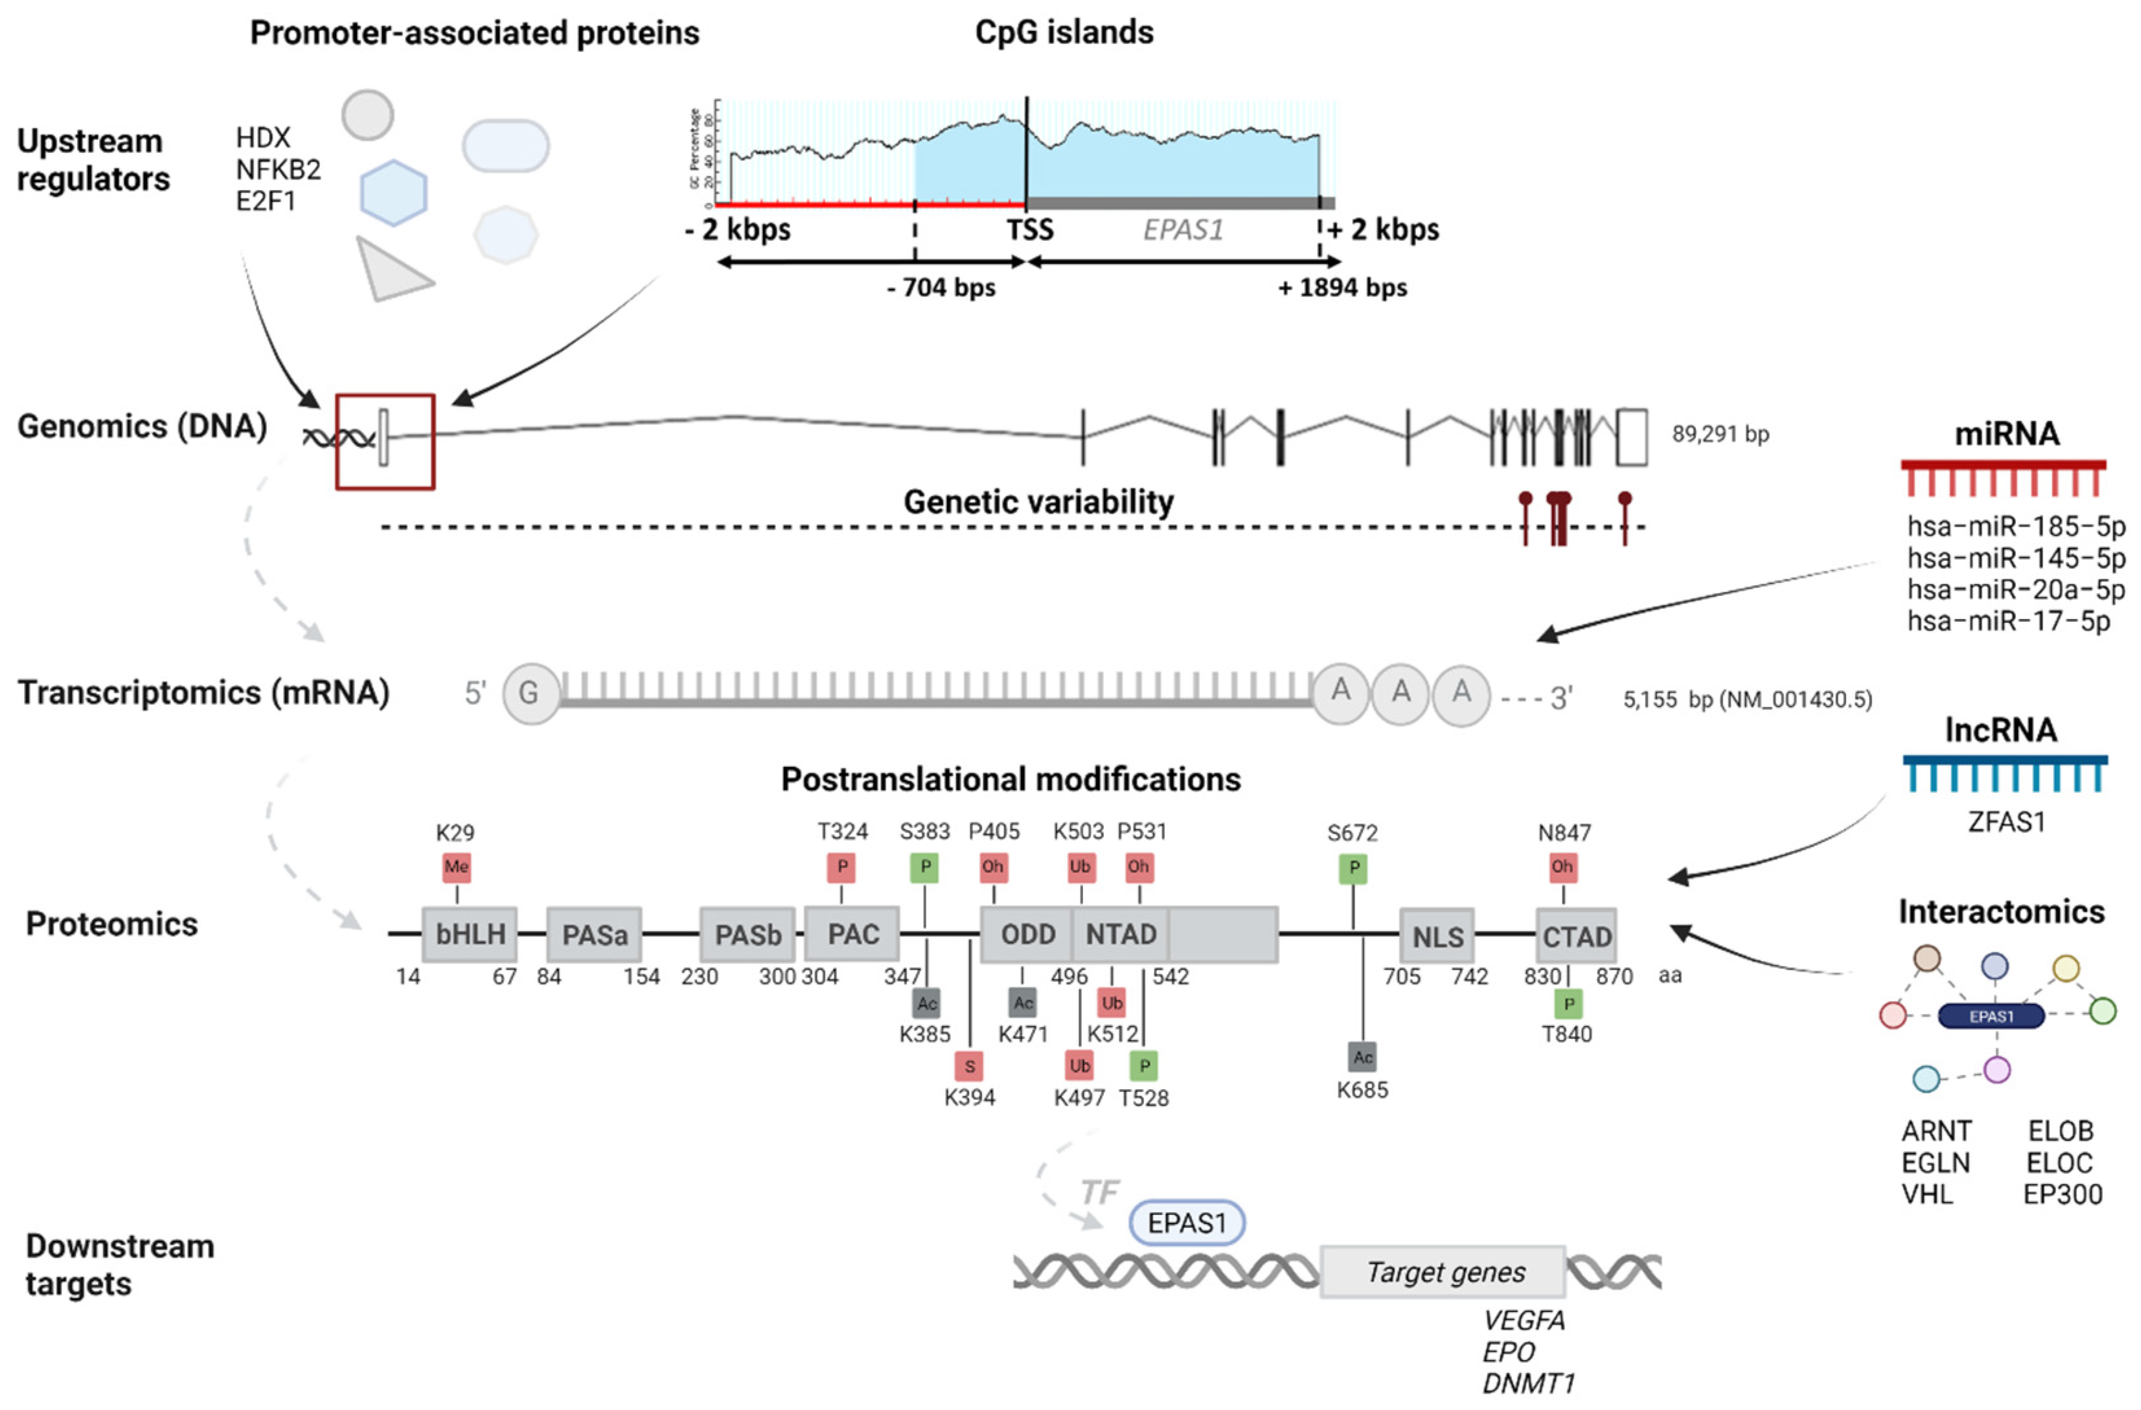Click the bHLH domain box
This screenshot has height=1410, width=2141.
pyautogui.click(x=470, y=935)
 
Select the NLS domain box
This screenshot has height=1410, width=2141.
pyautogui.click(x=1437, y=936)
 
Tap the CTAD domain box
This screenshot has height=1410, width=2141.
pyautogui.click(x=1576, y=936)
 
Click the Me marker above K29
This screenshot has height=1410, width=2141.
pyautogui.click(x=456, y=867)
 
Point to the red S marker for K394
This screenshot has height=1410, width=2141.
pyautogui.click(x=969, y=1067)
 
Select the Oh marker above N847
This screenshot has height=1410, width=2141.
pyautogui.click(x=1563, y=867)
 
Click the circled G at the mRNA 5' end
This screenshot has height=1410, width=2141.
pyautogui.click(x=529, y=693)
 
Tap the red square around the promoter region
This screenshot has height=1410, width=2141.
pyautogui.click(x=385, y=442)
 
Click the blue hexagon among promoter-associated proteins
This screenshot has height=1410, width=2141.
pyautogui.click(x=393, y=194)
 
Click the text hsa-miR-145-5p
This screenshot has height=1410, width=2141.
pyautogui.click(x=2015, y=558)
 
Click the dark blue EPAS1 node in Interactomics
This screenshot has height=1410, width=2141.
pyautogui.click(x=1991, y=1016)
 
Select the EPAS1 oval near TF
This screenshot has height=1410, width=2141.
pyautogui.click(x=1187, y=1223)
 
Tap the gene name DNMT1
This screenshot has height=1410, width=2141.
pyautogui.click(x=1528, y=1383)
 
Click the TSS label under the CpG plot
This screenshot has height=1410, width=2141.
pyautogui.click(x=1029, y=230)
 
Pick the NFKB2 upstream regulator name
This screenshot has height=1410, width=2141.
pyautogui.click(x=278, y=169)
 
